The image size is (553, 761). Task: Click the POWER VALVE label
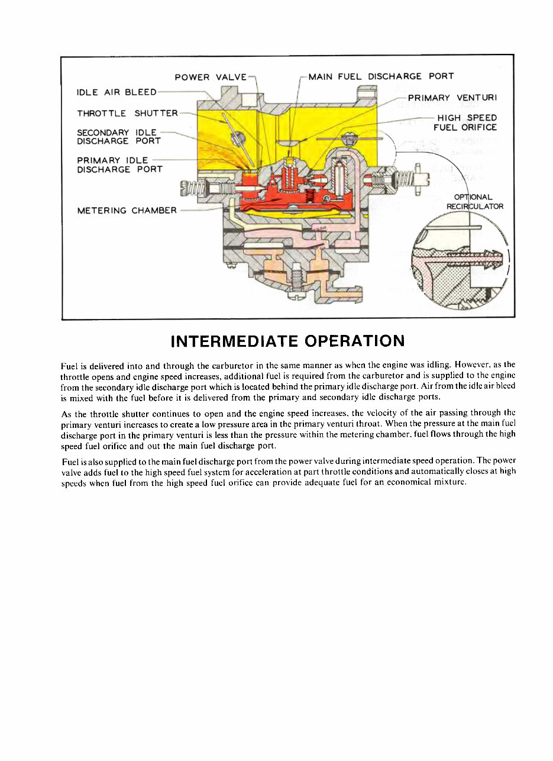coord(211,77)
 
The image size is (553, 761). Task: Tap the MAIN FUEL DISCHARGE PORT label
coord(381,76)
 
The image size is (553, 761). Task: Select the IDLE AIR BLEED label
coord(117,92)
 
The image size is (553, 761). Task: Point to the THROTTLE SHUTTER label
coord(127,113)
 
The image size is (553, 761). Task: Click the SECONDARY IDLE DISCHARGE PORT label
coord(119,137)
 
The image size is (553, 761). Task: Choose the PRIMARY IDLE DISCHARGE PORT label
coord(119,165)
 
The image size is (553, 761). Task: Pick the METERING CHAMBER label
coord(127,210)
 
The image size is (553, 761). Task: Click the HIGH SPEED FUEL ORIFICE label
coord(465,122)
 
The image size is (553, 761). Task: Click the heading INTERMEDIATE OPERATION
coord(287,341)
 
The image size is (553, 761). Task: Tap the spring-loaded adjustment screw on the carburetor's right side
coord(408,177)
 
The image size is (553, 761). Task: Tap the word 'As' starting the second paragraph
coord(66,413)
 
